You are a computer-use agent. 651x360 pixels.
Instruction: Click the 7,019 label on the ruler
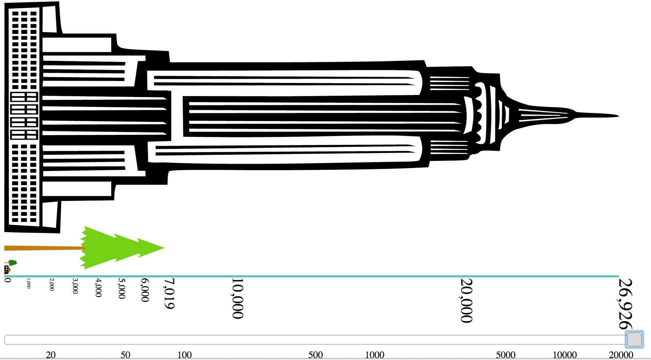(169, 294)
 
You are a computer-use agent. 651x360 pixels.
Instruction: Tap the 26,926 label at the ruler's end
(625, 304)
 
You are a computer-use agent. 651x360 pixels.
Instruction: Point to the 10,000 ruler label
(237, 298)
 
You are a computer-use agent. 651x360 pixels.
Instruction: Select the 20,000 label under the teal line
(466, 301)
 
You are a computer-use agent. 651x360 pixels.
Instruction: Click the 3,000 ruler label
(75, 286)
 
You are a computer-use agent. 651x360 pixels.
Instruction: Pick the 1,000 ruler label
(29, 283)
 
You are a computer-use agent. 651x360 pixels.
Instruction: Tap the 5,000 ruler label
(122, 288)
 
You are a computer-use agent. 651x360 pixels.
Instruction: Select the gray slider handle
(634, 339)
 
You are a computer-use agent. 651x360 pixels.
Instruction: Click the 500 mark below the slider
(315, 355)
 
